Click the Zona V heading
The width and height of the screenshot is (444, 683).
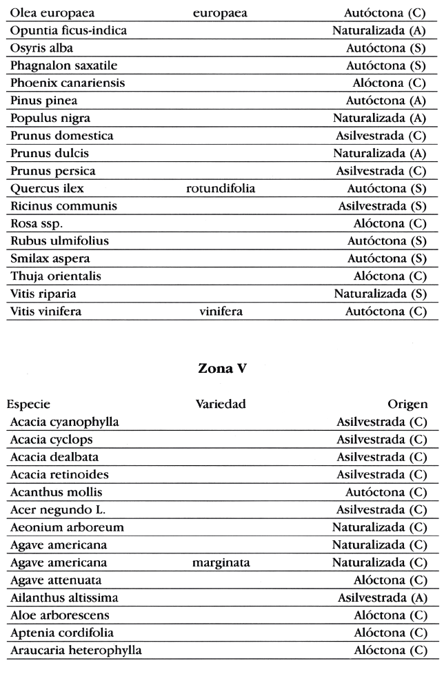pos(222,368)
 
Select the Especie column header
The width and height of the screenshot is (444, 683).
pos(30,404)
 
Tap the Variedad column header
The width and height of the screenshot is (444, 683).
pos(221,404)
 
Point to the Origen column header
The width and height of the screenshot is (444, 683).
pos(407,404)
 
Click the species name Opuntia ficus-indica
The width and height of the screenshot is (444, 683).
pos(68,30)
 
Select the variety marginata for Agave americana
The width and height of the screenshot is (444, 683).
pos(221,563)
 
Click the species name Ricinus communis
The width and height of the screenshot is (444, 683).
pos(63,206)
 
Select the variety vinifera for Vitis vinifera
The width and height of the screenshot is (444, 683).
pos(221,312)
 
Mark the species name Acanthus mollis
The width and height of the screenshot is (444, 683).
pos(56,492)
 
